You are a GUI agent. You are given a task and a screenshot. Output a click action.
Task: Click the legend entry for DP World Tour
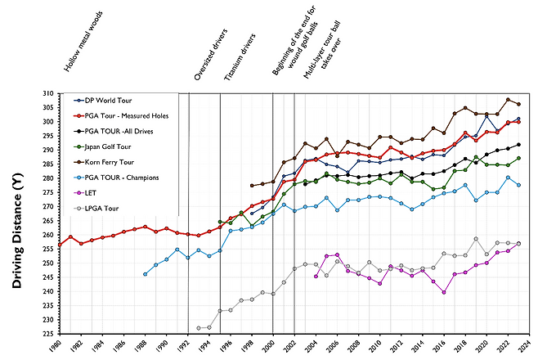[x=108, y=99]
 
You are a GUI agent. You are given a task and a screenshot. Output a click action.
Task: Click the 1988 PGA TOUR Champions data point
[x=145, y=274]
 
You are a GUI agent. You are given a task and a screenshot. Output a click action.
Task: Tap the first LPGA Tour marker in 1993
[x=199, y=328]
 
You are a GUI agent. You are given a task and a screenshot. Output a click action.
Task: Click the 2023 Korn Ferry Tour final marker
[x=518, y=105]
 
